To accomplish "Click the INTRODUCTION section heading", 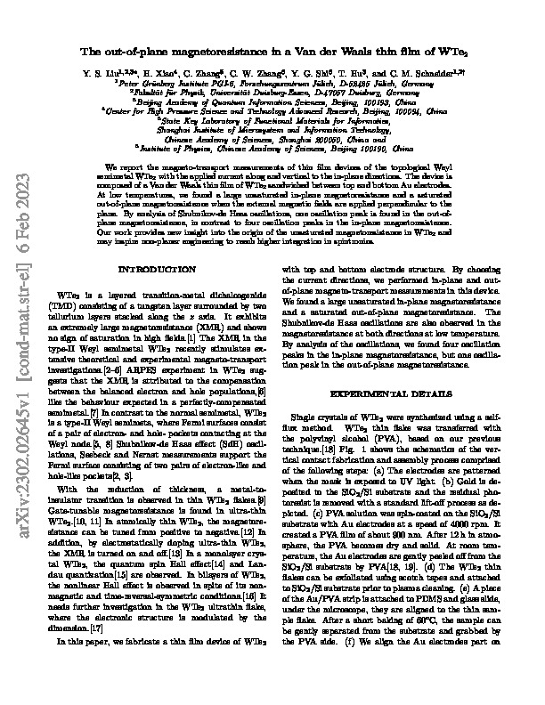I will [150, 268].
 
